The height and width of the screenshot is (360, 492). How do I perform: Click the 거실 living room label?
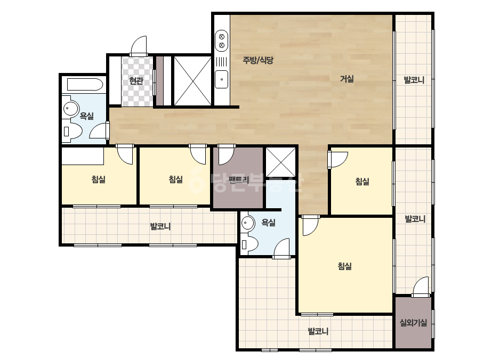[x=346, y=79]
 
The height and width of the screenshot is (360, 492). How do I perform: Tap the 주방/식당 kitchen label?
[x=258, y=60]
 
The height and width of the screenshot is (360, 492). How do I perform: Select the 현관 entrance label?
[x=136, y=81]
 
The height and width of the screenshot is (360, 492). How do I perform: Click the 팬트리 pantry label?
[x=239, y=179]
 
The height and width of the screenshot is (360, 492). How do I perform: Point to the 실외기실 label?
[x=413, y=322]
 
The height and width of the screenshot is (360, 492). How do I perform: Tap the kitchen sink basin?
[x=222, y=79]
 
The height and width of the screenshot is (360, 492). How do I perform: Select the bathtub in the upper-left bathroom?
[x=85, y=84]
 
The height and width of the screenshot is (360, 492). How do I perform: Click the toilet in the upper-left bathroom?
[x=72, y=131]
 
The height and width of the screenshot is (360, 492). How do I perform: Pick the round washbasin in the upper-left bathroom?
[x=71, y=109]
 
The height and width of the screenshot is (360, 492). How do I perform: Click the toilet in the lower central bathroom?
[x=249, y=244]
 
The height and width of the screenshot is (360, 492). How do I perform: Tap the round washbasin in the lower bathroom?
[x=248, y=223]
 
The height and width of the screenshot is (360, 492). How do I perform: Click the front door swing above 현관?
[x=139, y=46]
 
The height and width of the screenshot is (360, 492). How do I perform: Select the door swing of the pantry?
[x=226, y=155]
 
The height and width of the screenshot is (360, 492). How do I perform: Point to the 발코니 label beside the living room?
[x=414, y=80]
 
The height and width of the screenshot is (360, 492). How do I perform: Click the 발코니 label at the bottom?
[x=318, y=331]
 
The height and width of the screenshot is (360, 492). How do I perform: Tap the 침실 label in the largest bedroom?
[x=344, y=266]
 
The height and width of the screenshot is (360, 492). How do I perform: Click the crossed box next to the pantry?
[x=280, y=162]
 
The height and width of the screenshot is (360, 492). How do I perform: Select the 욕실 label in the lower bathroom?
[x=268, y=223]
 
